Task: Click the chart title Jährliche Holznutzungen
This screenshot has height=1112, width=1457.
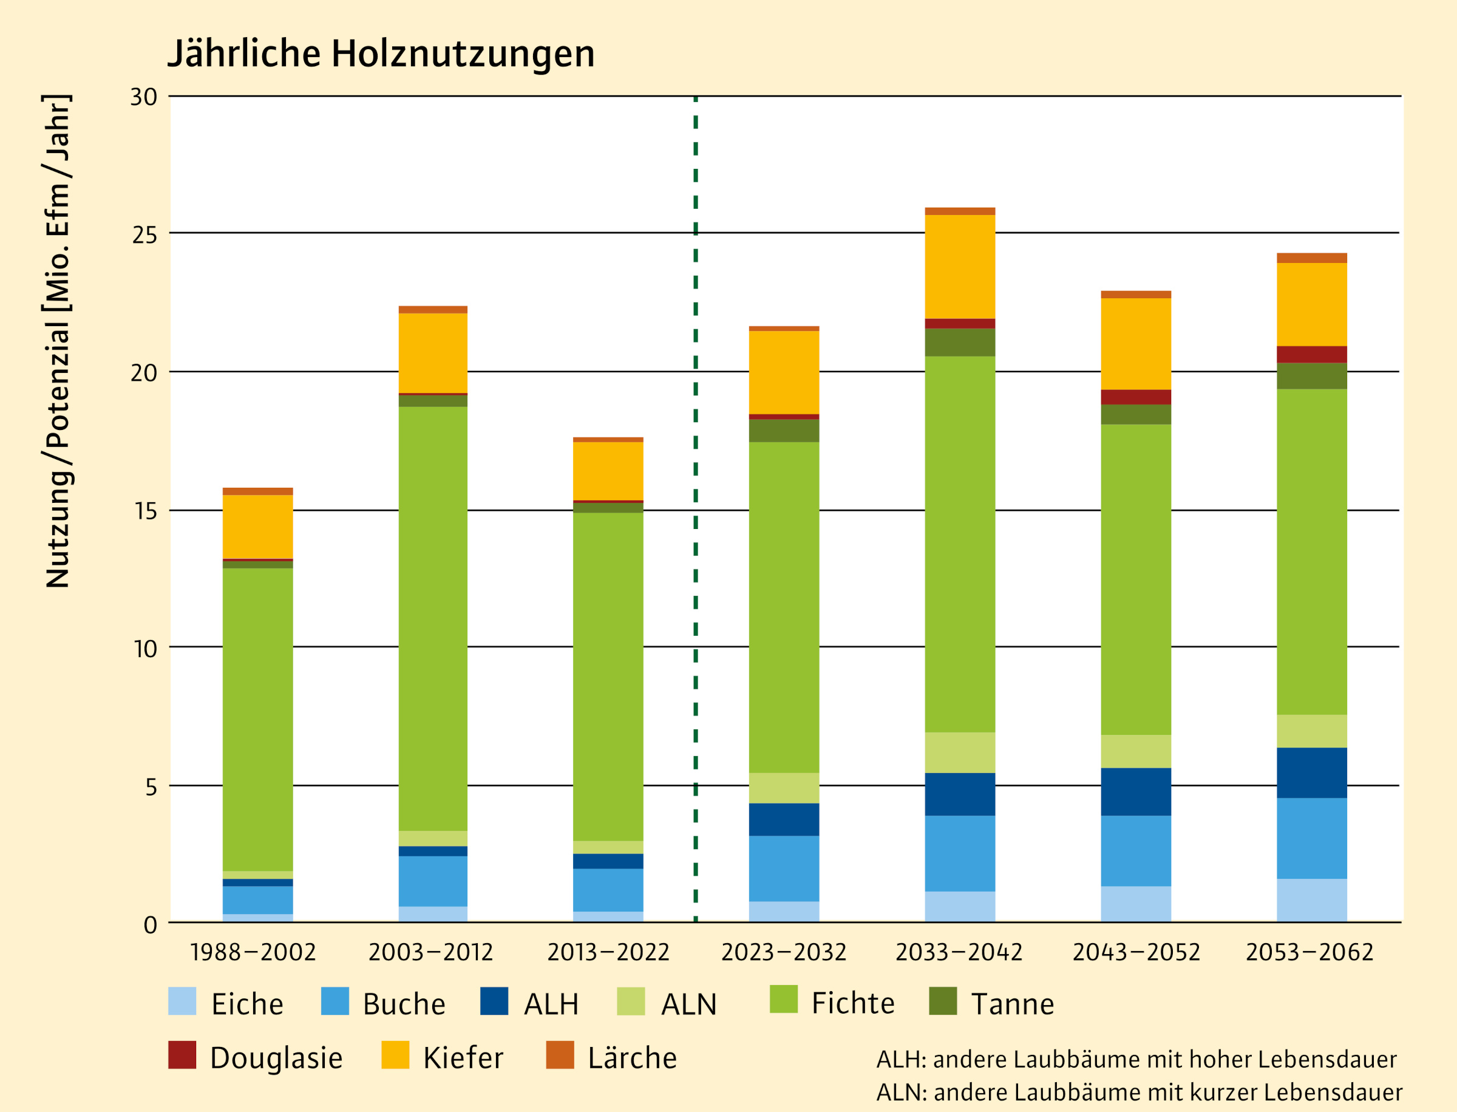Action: coord(381,53)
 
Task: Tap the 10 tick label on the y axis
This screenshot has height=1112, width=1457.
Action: coord(145,649)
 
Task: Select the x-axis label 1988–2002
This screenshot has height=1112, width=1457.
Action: coord(253,952)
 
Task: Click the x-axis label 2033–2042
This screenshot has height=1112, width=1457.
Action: coord(959,952)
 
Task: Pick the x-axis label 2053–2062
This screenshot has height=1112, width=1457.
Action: coord(1309,952)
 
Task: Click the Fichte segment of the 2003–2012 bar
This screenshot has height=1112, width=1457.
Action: coord(433,619)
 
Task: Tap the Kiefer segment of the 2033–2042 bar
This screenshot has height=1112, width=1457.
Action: coord(959,267)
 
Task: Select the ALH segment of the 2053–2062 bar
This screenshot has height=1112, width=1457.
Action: coord(1311,773)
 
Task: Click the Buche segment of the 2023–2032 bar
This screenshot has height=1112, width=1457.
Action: coord(783,868)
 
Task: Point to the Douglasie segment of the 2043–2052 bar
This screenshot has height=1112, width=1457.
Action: coord(1135,397)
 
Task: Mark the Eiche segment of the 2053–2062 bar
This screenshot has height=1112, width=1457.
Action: coord(1311,900)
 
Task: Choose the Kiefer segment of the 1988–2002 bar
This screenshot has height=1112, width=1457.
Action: coord(257,527)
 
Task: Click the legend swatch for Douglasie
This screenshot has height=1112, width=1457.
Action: coord(182,1055)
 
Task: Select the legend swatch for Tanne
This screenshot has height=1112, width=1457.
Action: coord(943,1001)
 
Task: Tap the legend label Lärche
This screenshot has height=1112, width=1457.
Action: coord(632,1058)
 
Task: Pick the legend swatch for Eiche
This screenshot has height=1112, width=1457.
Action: coord(182,1001)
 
